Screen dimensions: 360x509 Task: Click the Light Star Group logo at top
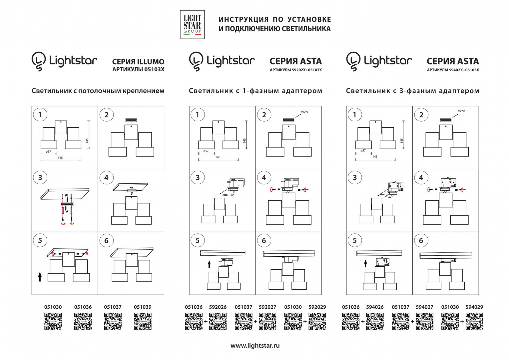[x=192, y=24]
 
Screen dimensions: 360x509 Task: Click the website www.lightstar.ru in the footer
[x=255, y=346]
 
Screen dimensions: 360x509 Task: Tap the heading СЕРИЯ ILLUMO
[x=138, y=62]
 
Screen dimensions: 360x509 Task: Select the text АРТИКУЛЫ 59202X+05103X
[x=295, y=70]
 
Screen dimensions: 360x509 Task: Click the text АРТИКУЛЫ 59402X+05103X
[x=453, y=70]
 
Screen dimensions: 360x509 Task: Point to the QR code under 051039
[x=143, y=321]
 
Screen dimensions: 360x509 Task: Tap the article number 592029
[x=317, y=307]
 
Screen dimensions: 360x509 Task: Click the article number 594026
[x=375, y=307]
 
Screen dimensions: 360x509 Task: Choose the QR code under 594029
[x=474, y=321]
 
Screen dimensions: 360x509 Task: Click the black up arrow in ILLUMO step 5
[x=40, y=277]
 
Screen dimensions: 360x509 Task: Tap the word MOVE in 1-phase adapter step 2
[x=304, y=112]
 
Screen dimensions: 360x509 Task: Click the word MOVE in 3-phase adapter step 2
[x=461, y=111]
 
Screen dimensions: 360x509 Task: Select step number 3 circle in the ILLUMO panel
[x=40, y=177]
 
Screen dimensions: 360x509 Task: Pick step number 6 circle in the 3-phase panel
[x=421, y=240]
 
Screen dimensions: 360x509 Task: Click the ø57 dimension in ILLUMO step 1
[x=49, y=152]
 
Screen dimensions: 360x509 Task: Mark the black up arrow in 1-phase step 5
[x=209, y=264]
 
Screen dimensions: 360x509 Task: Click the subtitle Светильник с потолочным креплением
[x=98, y=91]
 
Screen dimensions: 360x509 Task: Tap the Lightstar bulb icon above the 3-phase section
[x=353, y=61]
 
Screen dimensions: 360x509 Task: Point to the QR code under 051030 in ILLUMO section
[x=53, y=321]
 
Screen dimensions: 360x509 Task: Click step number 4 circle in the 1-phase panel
[x=264, y=178]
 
